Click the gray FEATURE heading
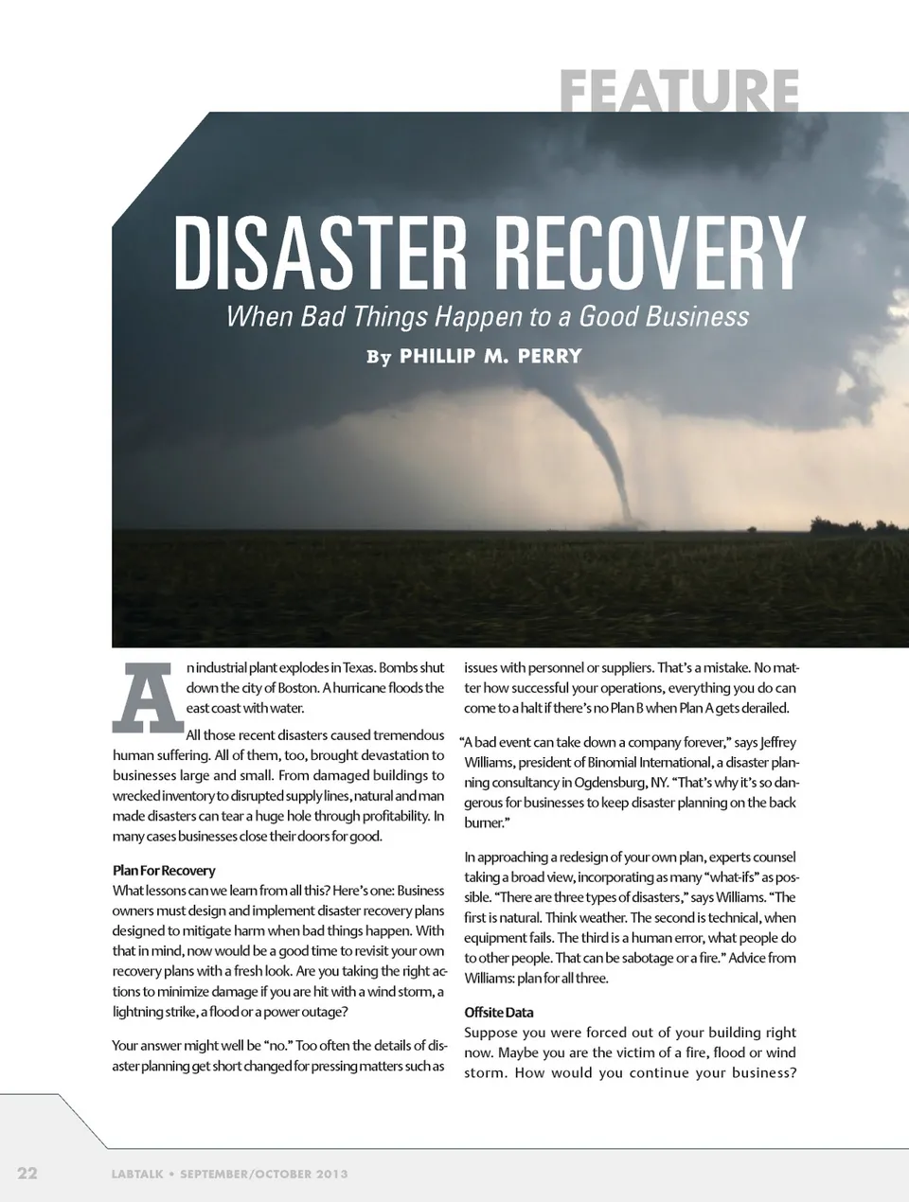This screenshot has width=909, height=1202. (679, 91)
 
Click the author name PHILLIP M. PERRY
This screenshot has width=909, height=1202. (490, 357)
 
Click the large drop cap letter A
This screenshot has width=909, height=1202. (147, 697)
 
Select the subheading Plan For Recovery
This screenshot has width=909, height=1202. (164, 870)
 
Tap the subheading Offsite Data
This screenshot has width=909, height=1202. (499, 1012)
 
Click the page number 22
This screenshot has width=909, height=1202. (27, 1174)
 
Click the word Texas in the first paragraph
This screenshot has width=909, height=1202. (359, 667)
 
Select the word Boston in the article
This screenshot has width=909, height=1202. (296, 688)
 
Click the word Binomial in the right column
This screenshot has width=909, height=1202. (588, 762)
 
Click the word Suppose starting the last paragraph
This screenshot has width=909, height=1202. (491, 1033)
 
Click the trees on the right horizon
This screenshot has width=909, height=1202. (857, 525)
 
